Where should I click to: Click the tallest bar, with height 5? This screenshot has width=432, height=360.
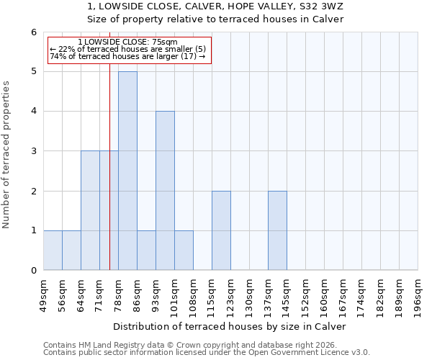point(127,171)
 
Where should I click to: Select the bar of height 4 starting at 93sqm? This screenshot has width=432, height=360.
point(165,191)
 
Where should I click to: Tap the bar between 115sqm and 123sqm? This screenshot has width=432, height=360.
point(221,230)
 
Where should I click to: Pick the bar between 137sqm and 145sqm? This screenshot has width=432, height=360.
point(277,230)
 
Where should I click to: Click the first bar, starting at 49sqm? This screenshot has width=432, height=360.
point(53,250)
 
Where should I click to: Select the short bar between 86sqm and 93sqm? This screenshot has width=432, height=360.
point(146,250)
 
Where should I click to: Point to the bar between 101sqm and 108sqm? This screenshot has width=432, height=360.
point(184,250)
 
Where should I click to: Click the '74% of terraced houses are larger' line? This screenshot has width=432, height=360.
point(127,56)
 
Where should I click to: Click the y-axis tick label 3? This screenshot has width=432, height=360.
point(33,151)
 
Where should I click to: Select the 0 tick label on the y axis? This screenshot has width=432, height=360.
point(33,271)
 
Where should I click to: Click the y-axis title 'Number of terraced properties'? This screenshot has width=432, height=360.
point(7,154)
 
